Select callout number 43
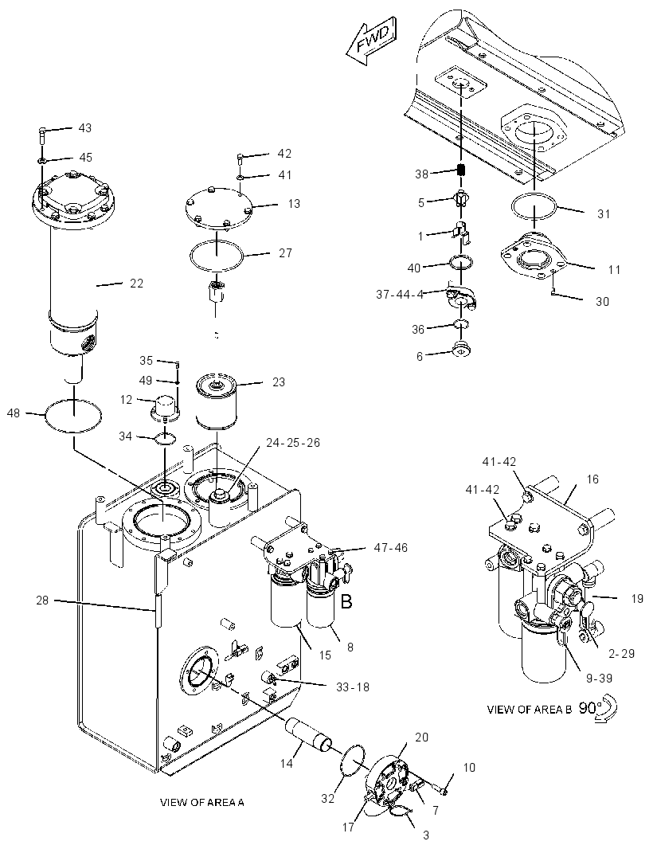(85, 128)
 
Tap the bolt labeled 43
(41, 135)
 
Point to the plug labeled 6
(461, 350)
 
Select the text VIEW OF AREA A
(202, 802)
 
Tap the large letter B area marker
(346, 601)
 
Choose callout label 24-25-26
(293, 442)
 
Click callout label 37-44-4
(400, 294)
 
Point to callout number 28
(42, 600)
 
